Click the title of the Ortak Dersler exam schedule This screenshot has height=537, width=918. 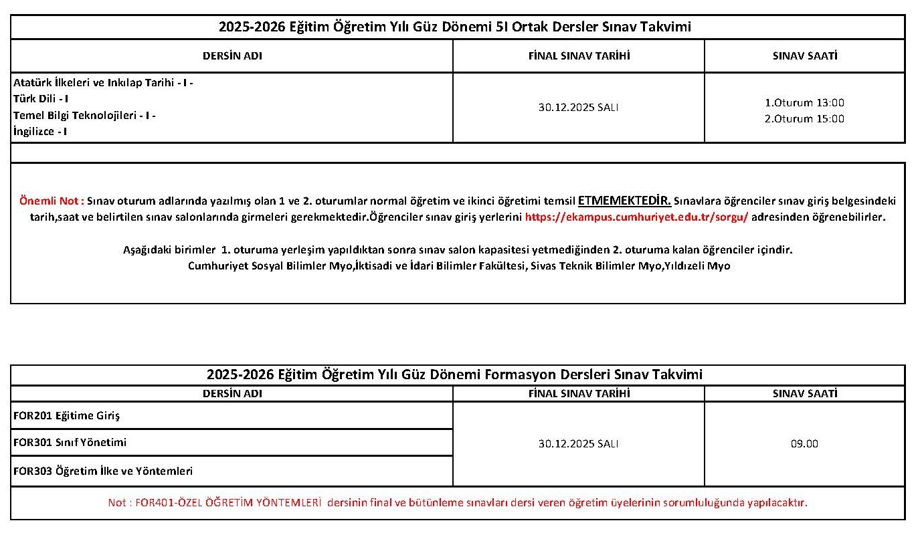pyautogui.click(x=454, y=27)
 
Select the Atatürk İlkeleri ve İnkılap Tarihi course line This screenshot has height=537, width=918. pyautogui.click(x=103, y=83)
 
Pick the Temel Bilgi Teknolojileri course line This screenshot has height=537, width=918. pyautogui.click(x=84, y=115)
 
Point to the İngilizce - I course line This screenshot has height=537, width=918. pyautogui.click(x=40, y=131)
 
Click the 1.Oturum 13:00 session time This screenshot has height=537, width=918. pyautogui.click(x=804, y=103)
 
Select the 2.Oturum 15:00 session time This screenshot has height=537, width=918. pyautogui.click(x=804, y=119)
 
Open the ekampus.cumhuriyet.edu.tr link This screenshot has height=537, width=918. pyautogui.click(x=636, y=217)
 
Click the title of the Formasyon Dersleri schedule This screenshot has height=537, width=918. pyautogui.click(x=454, y=374)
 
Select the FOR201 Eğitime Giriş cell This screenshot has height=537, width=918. pyautogui.click(x=66, y=415)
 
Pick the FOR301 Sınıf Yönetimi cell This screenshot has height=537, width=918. pyautogui.click(x=70, y=443)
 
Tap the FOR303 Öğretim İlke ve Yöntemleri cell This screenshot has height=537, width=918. pyautogui.click(x=103, y=471)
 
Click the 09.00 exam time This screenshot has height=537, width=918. pyautogui.click(x=804, y=443)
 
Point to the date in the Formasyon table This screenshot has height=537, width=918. pyautogui.click(x=578, y=443)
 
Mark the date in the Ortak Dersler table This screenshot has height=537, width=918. pyautogui.click(x=578, y=107)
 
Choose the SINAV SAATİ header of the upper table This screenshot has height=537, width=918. pyautogui.click(x=804, y=56)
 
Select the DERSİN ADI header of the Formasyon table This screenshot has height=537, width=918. pyautogui.click(x=232, y=394)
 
